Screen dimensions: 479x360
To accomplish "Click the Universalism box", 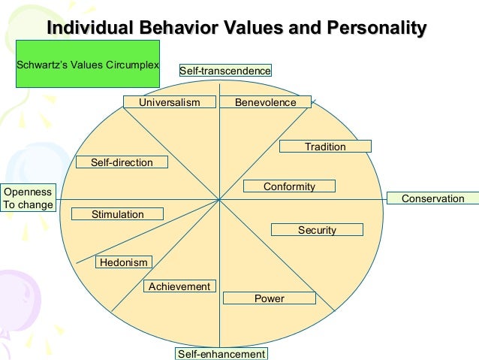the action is [x=170, y=102].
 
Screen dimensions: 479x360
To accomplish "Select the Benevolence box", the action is [x=265, y=102].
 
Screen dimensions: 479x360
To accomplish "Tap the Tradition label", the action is [x=325, y=147].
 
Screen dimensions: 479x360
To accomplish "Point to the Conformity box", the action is [x=289, y=186].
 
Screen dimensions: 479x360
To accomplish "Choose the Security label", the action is [x=317, y=230].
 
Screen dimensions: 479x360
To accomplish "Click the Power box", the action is [x=270, y=298].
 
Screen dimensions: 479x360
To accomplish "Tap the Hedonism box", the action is [x=124, y=262].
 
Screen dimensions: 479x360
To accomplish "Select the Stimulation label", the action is [x=118, y=214].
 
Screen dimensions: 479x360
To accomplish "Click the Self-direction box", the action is [x=122, y=162].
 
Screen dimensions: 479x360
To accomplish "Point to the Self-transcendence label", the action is [x=224, y=71].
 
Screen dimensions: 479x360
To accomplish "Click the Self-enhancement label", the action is [x=221, y=353].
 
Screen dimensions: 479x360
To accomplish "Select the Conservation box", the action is [x=433, y=198].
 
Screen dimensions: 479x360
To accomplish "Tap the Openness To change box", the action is [x=29, y=198].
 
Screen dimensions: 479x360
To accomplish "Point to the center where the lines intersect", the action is [x=219, y=199].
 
